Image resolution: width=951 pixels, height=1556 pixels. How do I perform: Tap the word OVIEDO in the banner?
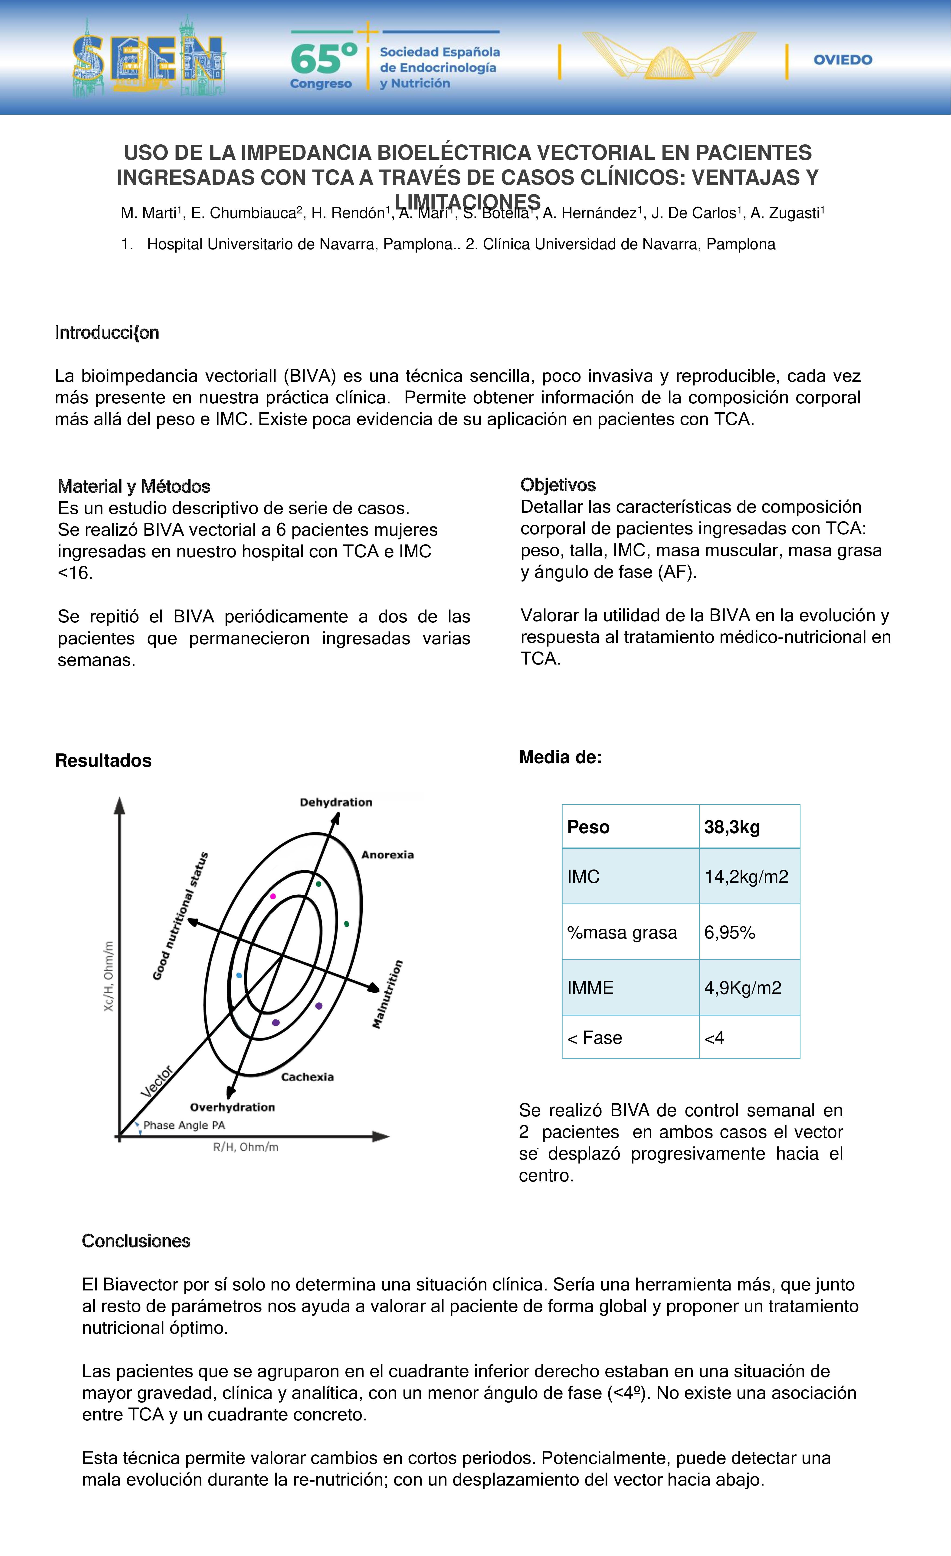843,60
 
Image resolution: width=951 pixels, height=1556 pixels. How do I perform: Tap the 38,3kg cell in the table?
732,827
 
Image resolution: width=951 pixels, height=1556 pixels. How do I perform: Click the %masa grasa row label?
622,933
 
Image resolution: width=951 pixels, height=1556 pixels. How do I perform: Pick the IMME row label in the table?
591,988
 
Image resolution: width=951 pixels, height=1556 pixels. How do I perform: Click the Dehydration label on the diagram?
336,803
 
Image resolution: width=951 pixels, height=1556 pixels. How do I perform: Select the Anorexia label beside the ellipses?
387,855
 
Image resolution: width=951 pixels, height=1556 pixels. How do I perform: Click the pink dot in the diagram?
273,897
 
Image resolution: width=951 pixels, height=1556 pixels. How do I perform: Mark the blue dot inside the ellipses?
239,976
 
